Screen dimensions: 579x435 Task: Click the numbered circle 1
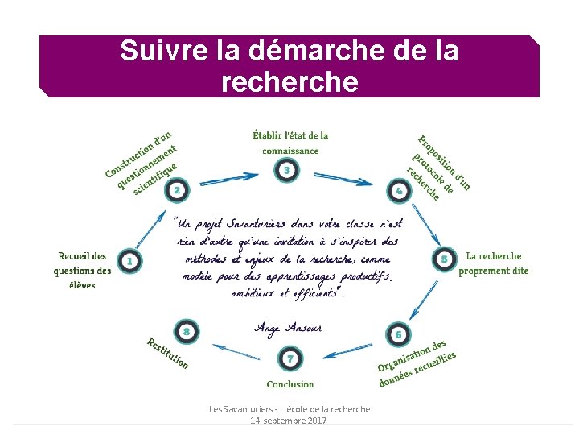(129, 260)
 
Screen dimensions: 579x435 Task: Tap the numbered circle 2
(175, 190)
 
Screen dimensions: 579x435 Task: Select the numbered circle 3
(287, 170)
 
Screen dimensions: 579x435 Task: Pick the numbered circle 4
(399, 191)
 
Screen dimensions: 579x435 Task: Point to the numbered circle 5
(444, 259)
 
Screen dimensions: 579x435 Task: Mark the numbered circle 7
(289, 358)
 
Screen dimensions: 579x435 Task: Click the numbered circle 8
(186, 331)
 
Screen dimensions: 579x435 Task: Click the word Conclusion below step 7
(290, 384)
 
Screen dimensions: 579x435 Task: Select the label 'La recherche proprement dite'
(494, 263)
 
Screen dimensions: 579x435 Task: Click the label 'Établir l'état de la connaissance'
(290, 143)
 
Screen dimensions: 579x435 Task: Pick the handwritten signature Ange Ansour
(289, 327)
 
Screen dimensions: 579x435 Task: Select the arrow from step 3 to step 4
(343, 178)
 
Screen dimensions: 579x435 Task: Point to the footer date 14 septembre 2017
(289, 421)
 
